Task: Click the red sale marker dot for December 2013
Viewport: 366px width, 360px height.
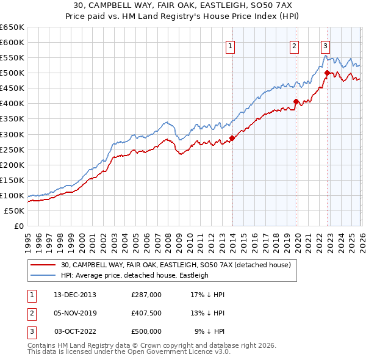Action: (232, 138)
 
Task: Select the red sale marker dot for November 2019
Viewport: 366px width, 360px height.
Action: (296, 101)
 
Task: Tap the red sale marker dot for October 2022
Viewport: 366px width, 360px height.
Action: (328, 73)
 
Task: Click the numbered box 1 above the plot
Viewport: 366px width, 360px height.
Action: (231, 45)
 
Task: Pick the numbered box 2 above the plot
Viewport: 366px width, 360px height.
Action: (294, 45)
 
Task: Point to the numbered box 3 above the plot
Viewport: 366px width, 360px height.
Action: (326, 45)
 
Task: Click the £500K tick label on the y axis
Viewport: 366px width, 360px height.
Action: (12, 73)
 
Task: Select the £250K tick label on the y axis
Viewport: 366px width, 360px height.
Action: (12, 149)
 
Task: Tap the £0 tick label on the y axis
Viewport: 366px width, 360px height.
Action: (18, 226)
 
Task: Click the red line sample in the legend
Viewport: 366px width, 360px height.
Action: (43, 265)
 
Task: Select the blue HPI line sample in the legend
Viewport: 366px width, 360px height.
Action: (43, 275)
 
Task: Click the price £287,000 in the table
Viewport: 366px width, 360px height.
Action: (146, 295)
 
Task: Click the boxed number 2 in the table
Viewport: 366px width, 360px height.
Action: (31, 313)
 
